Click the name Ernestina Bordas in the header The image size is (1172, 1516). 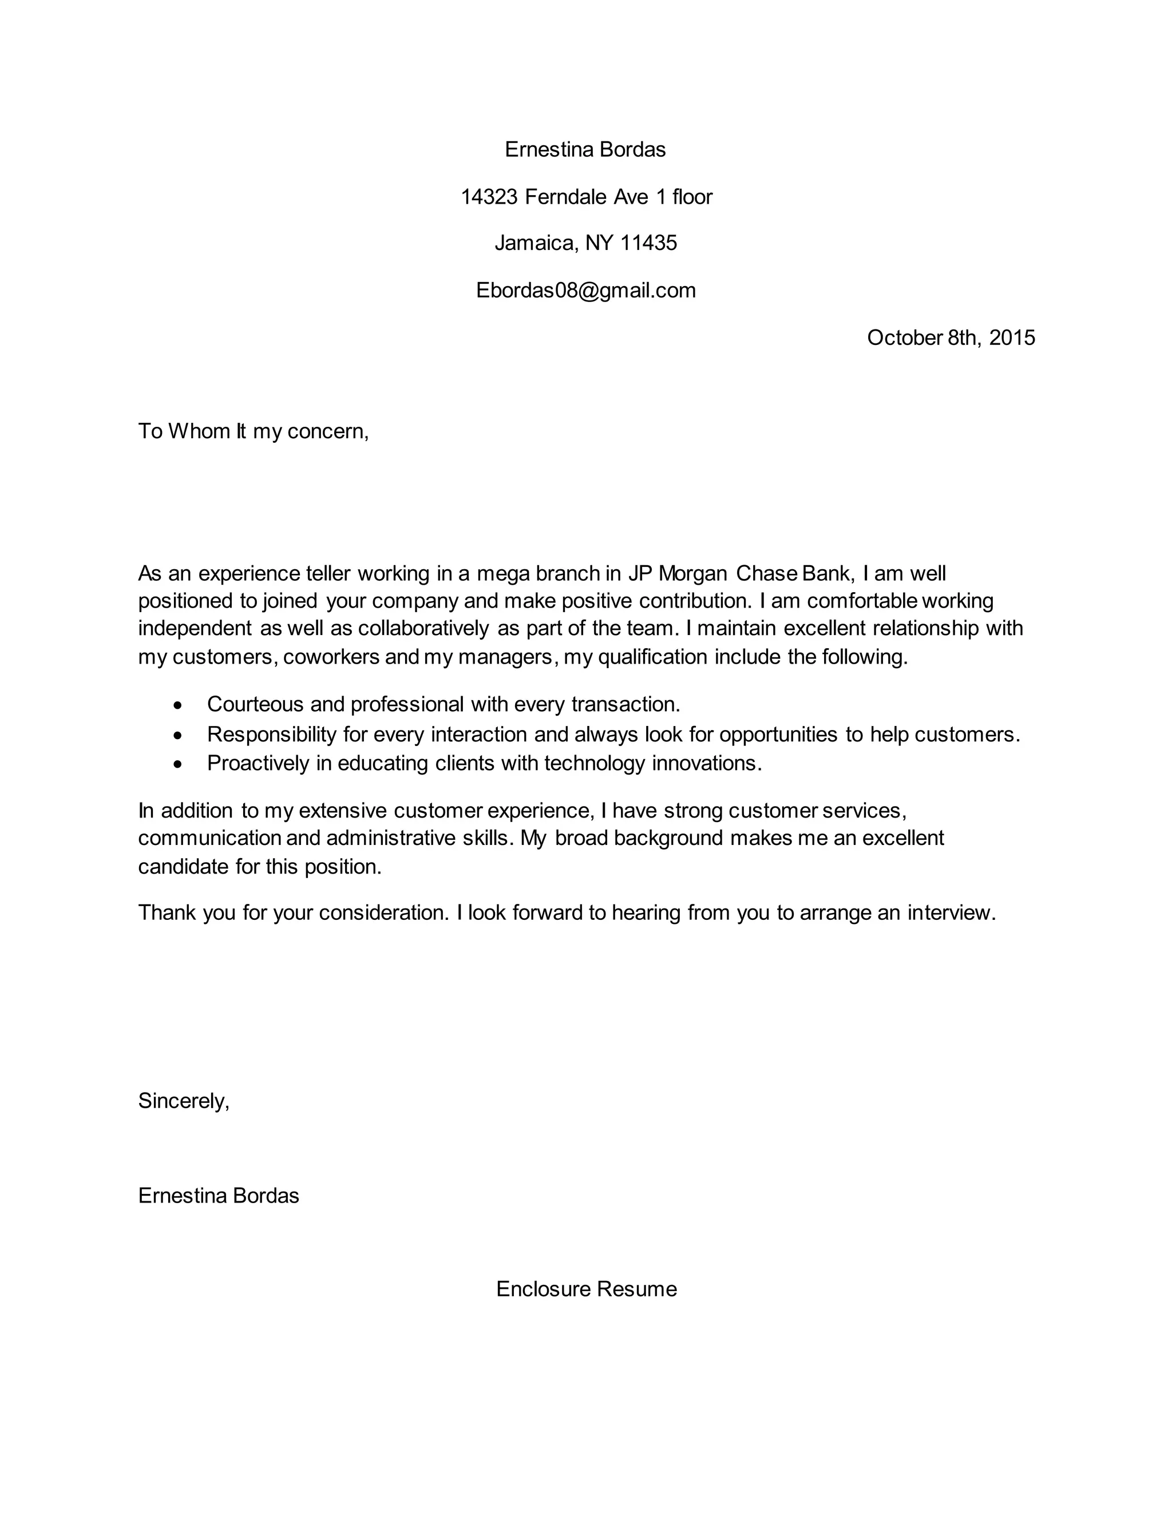click(585, 149)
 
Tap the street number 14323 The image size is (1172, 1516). click(489, 197)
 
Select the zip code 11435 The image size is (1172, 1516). click(648, 243)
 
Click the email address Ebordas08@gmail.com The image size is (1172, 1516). click(585, 290)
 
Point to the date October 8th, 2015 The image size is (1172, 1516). click(951, 338)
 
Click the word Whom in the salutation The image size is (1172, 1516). click(199, 431)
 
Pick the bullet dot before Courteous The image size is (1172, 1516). click(179, 705)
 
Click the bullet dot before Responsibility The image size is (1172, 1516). click(179, 735)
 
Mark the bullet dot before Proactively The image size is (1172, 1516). click(179, 764)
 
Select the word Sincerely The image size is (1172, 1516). click(183, 1100)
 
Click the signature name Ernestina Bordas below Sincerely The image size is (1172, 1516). click(218, 1195)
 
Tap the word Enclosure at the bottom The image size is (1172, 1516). click(543, 1289)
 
